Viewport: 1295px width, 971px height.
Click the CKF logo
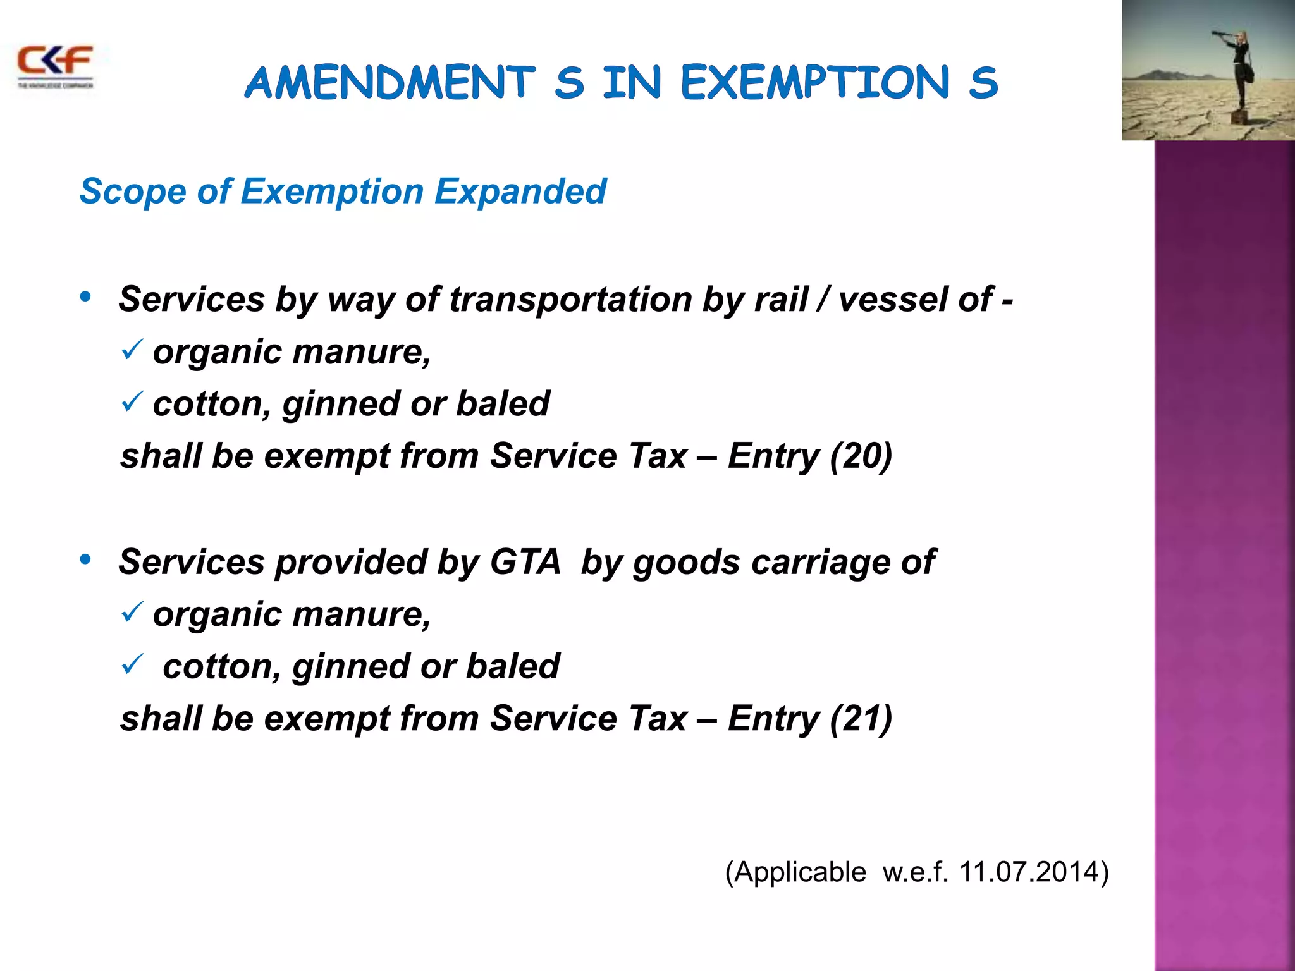[55, 65]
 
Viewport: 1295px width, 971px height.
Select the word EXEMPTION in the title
[815, 83]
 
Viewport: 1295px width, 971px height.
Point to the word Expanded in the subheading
[520, 191]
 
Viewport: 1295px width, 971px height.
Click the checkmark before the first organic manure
[132, 349]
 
